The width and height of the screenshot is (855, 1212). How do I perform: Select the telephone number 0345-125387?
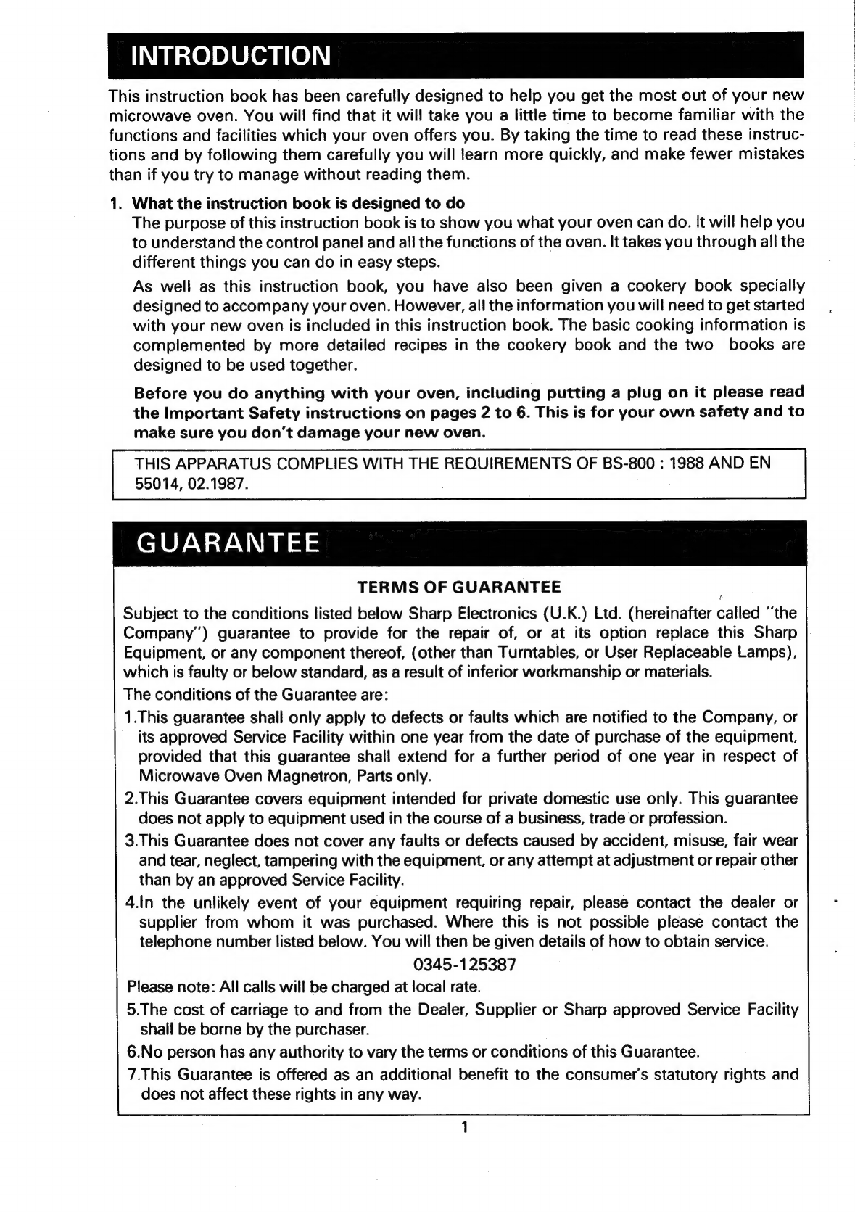464,965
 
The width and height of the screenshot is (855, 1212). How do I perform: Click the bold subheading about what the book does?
299,202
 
